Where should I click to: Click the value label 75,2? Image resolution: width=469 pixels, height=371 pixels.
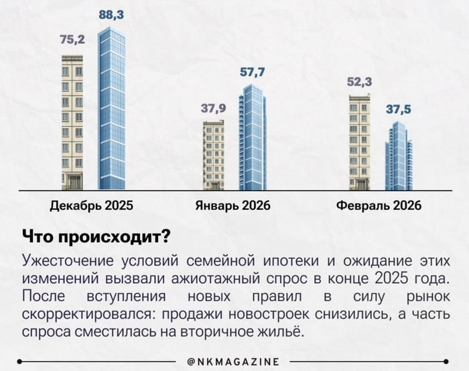tap(72, 40)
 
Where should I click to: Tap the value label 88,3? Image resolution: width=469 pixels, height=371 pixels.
tap(111, 15)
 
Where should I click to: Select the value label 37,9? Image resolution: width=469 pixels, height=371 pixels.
tap(214, 108)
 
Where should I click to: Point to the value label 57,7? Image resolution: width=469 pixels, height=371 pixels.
tap(252, 70)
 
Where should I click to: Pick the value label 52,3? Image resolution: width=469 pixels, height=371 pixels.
tap(360, 82)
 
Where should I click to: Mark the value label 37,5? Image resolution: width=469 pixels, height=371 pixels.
tap(399, 108)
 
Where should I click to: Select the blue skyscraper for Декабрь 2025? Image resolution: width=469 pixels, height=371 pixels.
tap(112, 111)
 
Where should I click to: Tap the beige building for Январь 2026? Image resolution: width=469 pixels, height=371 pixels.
tap(214, 156)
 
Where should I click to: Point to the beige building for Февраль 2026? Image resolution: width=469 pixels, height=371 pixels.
tap(360, 142)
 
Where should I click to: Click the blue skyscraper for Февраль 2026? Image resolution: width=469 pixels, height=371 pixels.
tap(399, 157)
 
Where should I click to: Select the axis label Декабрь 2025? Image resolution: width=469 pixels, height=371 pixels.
tap(92, 205)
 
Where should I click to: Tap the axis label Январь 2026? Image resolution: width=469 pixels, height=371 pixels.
tap(232, 205)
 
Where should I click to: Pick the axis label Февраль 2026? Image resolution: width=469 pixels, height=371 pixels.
tap(379, 205)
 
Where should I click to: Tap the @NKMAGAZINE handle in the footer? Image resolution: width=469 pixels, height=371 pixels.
tap(234, 362)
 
